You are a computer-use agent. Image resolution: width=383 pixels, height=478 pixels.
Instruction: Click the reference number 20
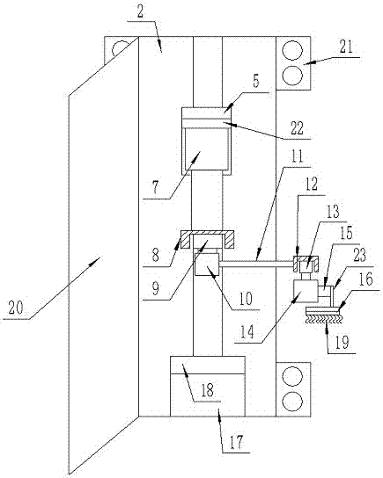[x=15, y=308]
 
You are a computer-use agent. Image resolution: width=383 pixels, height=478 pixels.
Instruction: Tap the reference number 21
[x=346, y=47]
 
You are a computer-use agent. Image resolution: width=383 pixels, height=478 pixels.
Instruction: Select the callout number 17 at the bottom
[x=236, y=442]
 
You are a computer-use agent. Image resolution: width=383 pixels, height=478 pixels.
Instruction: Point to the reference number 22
[x=297, y=128]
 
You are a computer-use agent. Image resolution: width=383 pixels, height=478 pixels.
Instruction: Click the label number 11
[x=297, y=156]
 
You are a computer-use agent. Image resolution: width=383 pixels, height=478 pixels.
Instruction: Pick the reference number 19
[x=342, y=343]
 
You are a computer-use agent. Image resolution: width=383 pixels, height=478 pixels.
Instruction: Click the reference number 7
[x=156, y=187]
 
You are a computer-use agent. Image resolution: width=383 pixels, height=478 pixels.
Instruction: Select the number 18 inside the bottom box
[x=207, y=390]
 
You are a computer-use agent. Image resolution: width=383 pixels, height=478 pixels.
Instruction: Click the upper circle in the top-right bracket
[x=292, y=50]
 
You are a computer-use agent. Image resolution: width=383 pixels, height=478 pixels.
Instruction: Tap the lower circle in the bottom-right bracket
[x=292, y=402]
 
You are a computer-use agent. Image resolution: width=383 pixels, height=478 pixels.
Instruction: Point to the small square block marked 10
[x=206, y=264]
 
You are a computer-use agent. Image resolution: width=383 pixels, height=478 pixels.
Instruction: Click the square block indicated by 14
[x=305, y=292]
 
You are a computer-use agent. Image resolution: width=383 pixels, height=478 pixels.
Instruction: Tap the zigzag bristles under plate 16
[x=324, y=319]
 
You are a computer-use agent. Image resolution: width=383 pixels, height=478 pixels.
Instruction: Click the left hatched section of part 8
[x=185, y=240]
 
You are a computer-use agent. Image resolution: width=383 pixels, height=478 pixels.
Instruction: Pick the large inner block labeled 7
[x=205, y=148]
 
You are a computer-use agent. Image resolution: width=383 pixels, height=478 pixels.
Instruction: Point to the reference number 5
[x=256, y=81]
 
